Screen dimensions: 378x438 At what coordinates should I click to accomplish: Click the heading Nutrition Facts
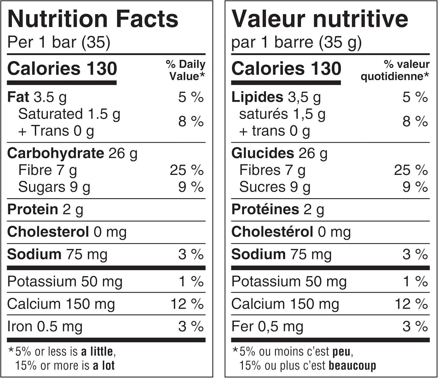[x=93, y=19]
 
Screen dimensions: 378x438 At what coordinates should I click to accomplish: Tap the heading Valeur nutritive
[x=319, y=19]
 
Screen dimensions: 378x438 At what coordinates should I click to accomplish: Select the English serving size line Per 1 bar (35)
[x=59, y=42]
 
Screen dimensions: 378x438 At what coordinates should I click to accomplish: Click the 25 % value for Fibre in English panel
[x=187, y=170]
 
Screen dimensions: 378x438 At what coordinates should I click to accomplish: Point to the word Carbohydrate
[x=55, y=153]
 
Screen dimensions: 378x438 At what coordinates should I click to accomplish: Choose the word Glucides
[x=263, y=153]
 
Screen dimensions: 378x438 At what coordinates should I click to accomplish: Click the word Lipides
[x=257, y=97]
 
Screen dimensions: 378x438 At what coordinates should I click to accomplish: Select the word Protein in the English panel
[x=33, y=209]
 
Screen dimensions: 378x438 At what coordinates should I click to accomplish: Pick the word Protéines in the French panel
[x=265, y=209]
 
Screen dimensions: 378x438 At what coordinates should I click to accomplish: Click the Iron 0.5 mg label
[x=45, y=327]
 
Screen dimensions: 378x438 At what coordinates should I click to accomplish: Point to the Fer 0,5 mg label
[x=267, y=327]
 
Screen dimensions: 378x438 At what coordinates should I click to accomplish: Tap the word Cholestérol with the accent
[x=272, y=232]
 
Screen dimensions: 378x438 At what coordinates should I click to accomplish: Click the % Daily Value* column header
[x=186, y=70]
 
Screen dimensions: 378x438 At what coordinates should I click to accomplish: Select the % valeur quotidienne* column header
[x=395, y=70]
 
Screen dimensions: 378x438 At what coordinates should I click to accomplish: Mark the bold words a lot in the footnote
[x=104, y=366]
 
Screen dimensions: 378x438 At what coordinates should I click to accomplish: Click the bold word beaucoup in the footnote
[x=352, y=366]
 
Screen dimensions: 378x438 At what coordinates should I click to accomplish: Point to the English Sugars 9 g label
[x=54, y=187]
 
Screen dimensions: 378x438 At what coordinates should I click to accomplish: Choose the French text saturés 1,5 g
[x=282, y=114]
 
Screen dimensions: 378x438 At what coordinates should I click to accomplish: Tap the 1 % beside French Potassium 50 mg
[x=415, y=282]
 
